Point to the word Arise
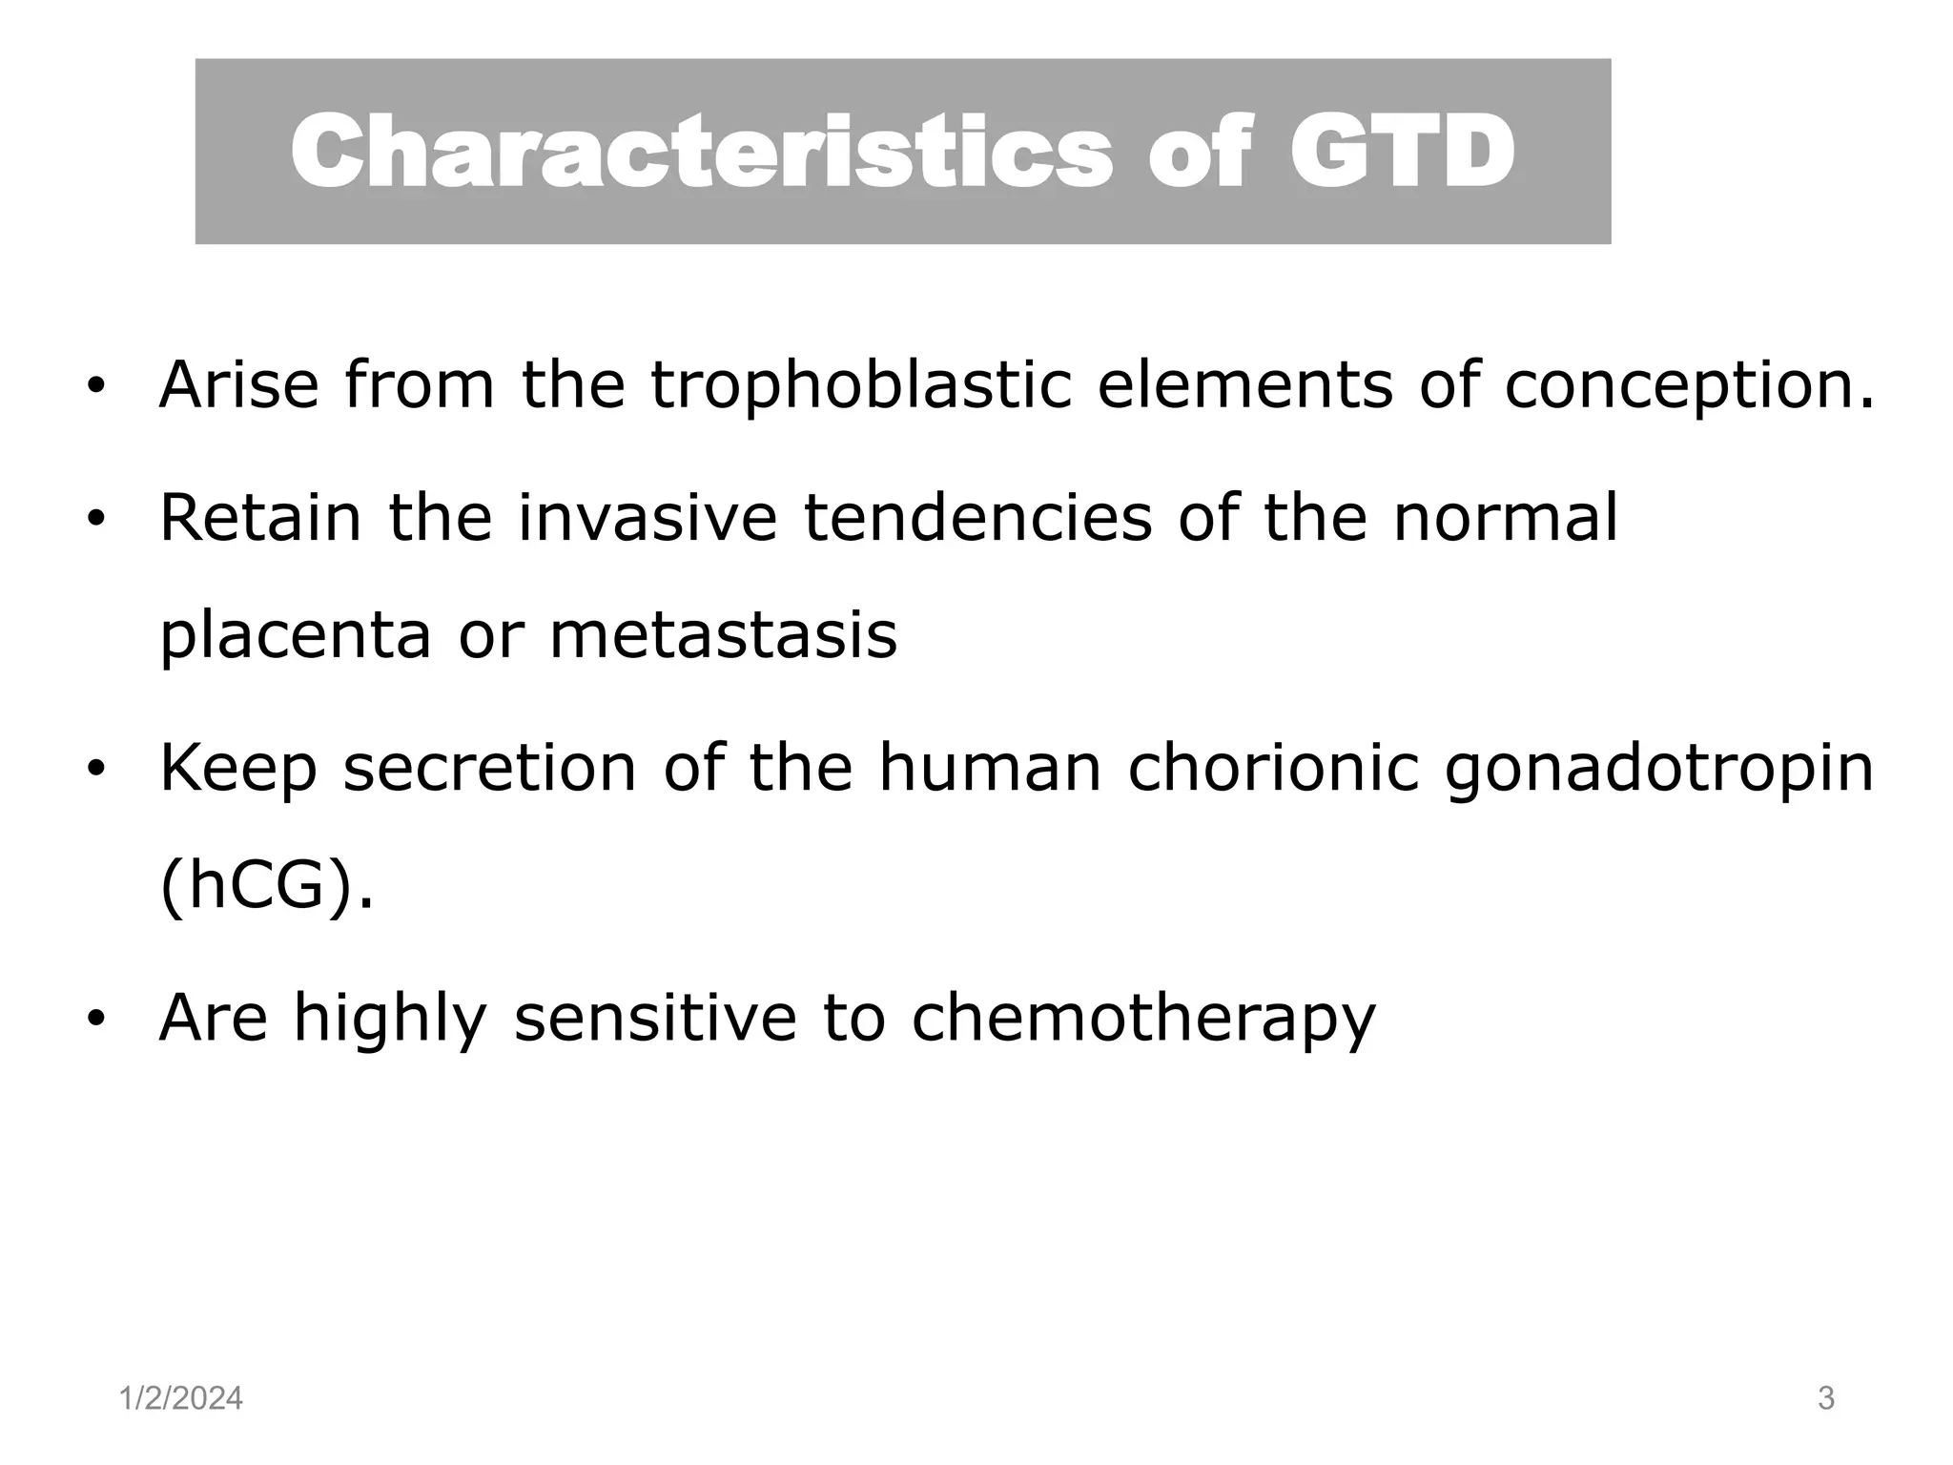238,386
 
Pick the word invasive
648,518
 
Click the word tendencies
977,518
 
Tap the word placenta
295,636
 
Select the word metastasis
723,636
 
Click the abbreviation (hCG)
266,887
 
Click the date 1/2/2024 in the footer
181,1399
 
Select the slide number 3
1826,1399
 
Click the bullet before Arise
94,387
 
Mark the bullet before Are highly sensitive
94,1020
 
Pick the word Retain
260,518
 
